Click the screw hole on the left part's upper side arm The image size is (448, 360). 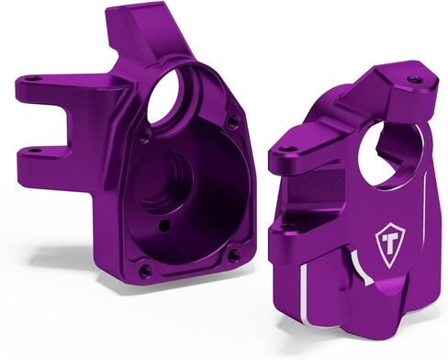tap(34, 79)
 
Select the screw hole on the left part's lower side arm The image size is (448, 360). tap(31, 150)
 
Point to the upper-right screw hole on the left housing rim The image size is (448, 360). tap(233, 119)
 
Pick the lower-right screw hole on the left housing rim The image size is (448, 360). tap(234, 254)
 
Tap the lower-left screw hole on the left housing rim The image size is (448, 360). tap(144, 271)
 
